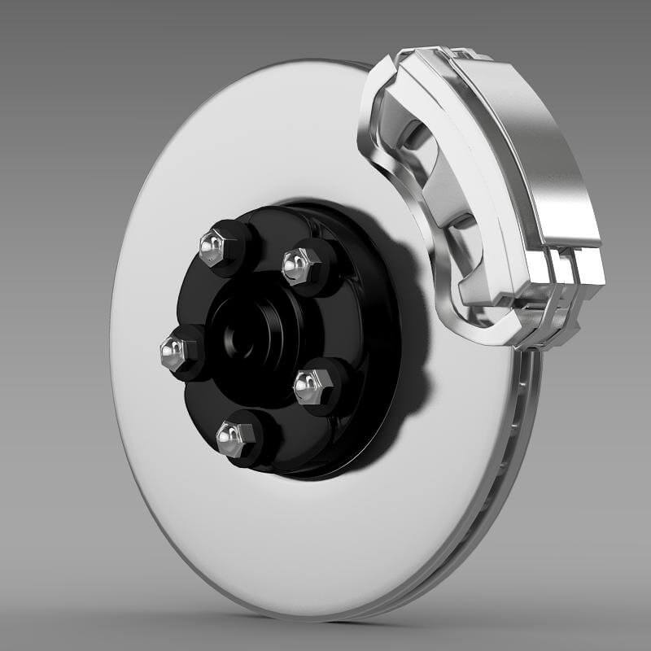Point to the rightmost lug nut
pyautogui.click(x=309, y=385)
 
